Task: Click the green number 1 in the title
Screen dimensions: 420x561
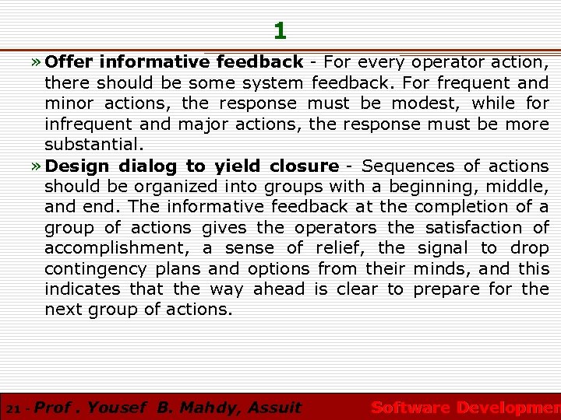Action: [280, 31]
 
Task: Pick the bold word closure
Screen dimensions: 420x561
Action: [304, 165]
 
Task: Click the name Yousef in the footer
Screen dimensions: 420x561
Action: [117, 407]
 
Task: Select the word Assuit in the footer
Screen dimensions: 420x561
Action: [273, 407]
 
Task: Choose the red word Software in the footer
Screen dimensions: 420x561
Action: [410, 407]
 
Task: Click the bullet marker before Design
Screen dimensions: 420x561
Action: [37, 166]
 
